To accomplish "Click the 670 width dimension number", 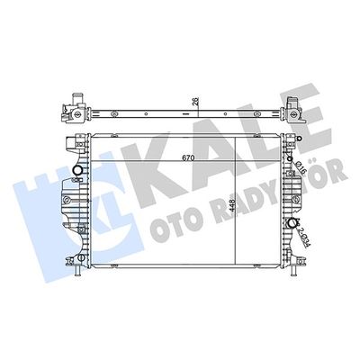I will tap(160, 157).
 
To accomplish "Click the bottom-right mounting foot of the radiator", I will tap(290, 263).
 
